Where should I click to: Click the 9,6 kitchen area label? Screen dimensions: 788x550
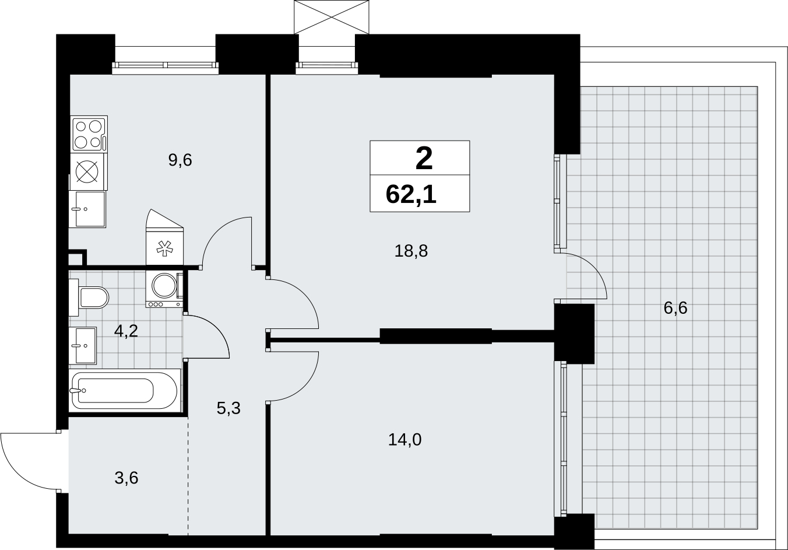(x=180, y=160)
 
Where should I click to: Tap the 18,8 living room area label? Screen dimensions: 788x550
(x=411, y=251)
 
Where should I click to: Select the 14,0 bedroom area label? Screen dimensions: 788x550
(x=404, y=440)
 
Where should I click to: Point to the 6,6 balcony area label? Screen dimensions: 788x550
(x=676, y=308)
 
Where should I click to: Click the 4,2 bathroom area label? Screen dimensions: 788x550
(x=126, y=331)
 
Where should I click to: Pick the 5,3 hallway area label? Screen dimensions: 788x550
(x=228, y=408)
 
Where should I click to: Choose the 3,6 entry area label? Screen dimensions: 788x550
(x=126, y=478)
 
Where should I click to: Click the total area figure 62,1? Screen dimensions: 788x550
(x=411, y=194)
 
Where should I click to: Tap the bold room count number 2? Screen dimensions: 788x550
(x=424, y=159)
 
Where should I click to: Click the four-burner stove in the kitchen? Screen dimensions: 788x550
(x=89, y=134)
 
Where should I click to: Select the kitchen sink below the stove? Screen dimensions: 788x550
(x=87, y=209)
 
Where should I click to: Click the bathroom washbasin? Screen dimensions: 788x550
(x=83, y=345)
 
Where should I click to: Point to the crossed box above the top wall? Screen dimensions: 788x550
(x=332, y=17)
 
